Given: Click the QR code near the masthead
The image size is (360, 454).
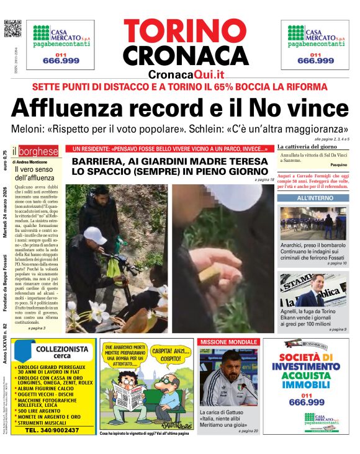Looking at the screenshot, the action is pyautogui.click(x=12, y=29).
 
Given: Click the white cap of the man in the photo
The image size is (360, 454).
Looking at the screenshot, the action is pyautogui.click(x=95, y=234).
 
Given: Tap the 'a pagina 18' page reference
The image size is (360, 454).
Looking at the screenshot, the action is pyautogui.click(x=264, y=179).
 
